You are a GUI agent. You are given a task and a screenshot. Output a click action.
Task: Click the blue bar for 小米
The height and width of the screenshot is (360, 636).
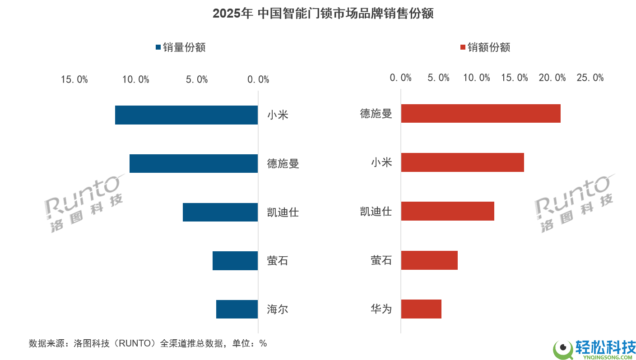[186, 115]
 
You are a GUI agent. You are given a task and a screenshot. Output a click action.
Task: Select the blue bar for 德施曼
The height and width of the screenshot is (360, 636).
[194, 163]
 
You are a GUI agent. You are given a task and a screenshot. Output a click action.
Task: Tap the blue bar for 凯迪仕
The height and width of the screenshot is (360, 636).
[220, 212]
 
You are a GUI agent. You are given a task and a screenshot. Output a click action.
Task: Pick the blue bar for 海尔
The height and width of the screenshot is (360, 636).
[237, 309]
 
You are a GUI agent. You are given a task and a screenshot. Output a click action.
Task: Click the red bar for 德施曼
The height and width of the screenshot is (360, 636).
[481, 113]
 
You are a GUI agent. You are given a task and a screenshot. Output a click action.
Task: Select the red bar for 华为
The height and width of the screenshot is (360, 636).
[421, 309]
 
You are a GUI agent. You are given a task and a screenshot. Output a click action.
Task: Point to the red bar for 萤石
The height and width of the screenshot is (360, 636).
[429, 260]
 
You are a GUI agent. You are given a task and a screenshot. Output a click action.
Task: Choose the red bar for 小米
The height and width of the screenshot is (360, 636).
[463, 162]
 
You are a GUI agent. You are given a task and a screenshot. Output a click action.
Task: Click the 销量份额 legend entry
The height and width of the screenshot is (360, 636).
[180, 47]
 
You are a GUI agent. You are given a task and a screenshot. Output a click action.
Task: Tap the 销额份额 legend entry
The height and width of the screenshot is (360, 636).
[485, 47]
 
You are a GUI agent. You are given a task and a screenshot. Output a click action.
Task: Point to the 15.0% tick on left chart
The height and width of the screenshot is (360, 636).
[74, 80]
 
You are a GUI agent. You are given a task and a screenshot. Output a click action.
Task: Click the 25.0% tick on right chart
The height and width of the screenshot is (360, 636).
[590, 78]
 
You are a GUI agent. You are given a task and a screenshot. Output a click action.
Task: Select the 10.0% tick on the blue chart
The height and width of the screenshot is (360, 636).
[136, 80]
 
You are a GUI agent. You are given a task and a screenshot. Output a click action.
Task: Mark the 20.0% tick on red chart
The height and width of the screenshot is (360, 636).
[552, 78]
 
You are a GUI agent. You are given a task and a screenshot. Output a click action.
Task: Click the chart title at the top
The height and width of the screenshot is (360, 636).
[323, 14]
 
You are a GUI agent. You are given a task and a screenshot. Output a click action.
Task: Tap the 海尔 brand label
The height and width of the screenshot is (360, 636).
[278, 309]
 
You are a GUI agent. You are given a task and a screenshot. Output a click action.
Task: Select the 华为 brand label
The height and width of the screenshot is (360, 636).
[381, 309]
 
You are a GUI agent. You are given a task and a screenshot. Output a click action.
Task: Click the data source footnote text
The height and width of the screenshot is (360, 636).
[148, 343]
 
